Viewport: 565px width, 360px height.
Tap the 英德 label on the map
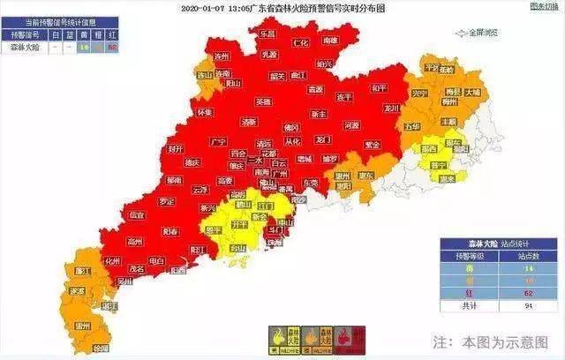[263, 101]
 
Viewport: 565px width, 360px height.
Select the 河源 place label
[351, 125]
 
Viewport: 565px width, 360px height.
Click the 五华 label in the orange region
[412, 126]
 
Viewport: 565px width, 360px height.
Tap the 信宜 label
[137, 214]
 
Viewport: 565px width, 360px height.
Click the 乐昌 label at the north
[266, 33]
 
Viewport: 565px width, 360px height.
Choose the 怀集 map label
[205, 113]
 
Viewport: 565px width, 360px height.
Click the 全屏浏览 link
[481, 32]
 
